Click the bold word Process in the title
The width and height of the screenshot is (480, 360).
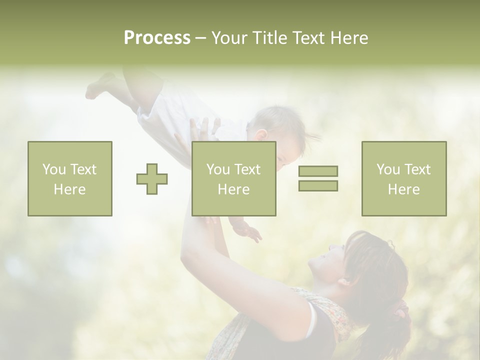[157, 38]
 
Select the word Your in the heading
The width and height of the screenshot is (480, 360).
[229, 38]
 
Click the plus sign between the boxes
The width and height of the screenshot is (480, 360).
[152, 178]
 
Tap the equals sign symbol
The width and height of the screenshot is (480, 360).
[318, 178]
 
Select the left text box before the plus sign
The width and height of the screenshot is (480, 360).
[70, 178]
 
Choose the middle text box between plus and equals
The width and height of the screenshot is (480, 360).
[233, 178]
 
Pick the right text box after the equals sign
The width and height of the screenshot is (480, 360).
[404, 178]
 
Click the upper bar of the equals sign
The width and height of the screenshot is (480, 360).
[318, 171]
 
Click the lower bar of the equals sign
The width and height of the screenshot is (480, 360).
[318, 186]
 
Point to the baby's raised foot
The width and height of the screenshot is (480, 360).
[98, 86]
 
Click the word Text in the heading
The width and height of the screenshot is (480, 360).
[307, 38]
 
